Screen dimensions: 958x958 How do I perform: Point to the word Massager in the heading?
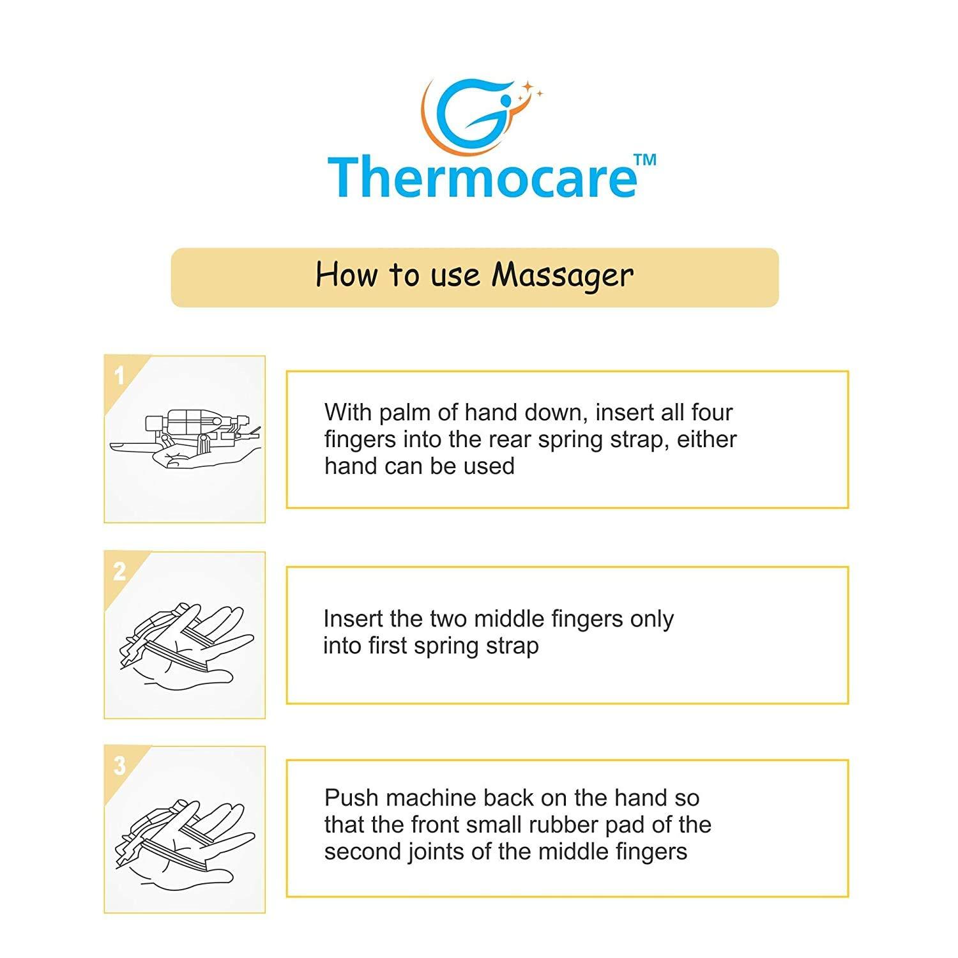[563, 275]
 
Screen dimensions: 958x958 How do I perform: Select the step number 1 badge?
[119, 376]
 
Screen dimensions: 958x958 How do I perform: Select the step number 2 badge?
[119, 572]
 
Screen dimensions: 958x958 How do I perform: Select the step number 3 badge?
[119, 766]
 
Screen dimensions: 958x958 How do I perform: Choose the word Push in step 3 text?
[351, 798]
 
